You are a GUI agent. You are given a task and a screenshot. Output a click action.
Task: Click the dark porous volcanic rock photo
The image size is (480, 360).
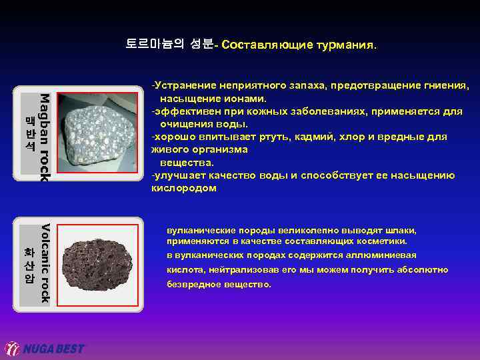pyautogui.click(x=94, y=264)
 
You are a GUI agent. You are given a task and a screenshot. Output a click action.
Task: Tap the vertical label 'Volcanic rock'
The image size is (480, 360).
pyautogui.click(x=43, y=263)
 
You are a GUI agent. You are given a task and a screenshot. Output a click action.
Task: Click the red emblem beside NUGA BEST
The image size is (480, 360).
pyautogui.click(x=13, y=349)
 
